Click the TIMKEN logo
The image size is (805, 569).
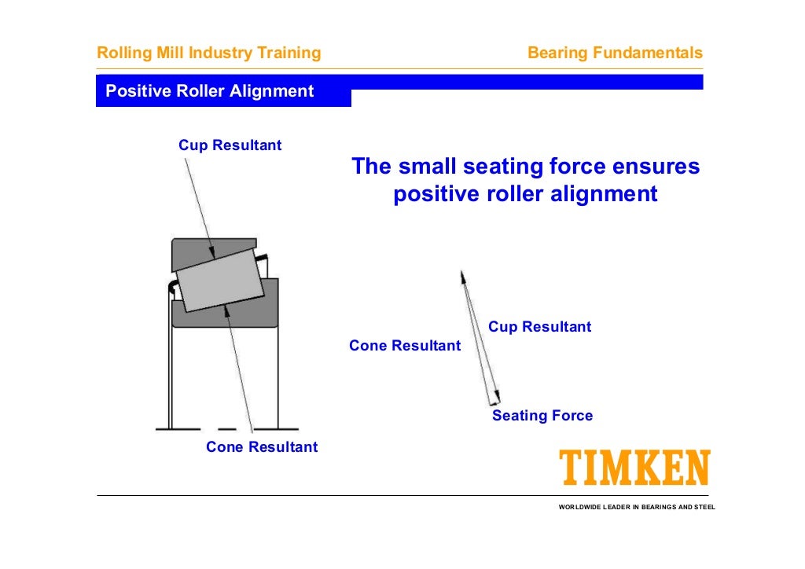[x=634, y=468]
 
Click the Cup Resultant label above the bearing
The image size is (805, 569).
[x=230, y=145]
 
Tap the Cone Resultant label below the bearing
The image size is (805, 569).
[x=262, y=447]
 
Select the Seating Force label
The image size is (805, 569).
[x=542, y=416]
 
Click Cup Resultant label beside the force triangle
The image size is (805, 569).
[x=539, y=327]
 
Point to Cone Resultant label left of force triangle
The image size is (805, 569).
[x=405, y=346]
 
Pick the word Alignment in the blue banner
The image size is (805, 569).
[x=271, y=91]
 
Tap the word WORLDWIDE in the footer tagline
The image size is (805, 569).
[x=579, y=507]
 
